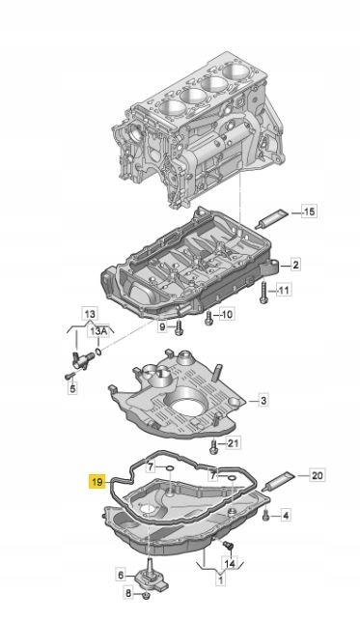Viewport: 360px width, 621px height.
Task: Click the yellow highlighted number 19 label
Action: (97, 482)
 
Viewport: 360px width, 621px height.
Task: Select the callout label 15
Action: (309, 212)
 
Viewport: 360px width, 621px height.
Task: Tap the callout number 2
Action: (295, 265)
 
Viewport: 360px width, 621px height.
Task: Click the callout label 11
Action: (283, 291)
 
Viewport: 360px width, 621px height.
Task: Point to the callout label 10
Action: (226, 315)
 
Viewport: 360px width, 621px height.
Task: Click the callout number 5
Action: (72, 388)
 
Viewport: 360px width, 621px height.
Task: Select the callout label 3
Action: (263, 401)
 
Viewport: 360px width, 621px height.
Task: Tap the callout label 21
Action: (233, 442)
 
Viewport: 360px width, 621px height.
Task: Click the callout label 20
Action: (318, 474)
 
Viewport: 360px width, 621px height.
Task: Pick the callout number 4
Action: (286, 516)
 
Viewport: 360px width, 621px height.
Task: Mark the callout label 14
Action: (230, 563)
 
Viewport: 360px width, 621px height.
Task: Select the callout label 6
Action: (121, 574)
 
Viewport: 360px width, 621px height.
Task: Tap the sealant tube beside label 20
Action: (281, 480)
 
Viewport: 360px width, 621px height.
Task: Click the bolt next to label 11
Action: (263, 293)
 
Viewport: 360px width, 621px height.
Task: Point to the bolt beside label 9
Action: (180, 327)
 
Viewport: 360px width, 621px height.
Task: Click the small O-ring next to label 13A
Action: (99, 352)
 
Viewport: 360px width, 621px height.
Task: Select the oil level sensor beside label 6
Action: (152, 572)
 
